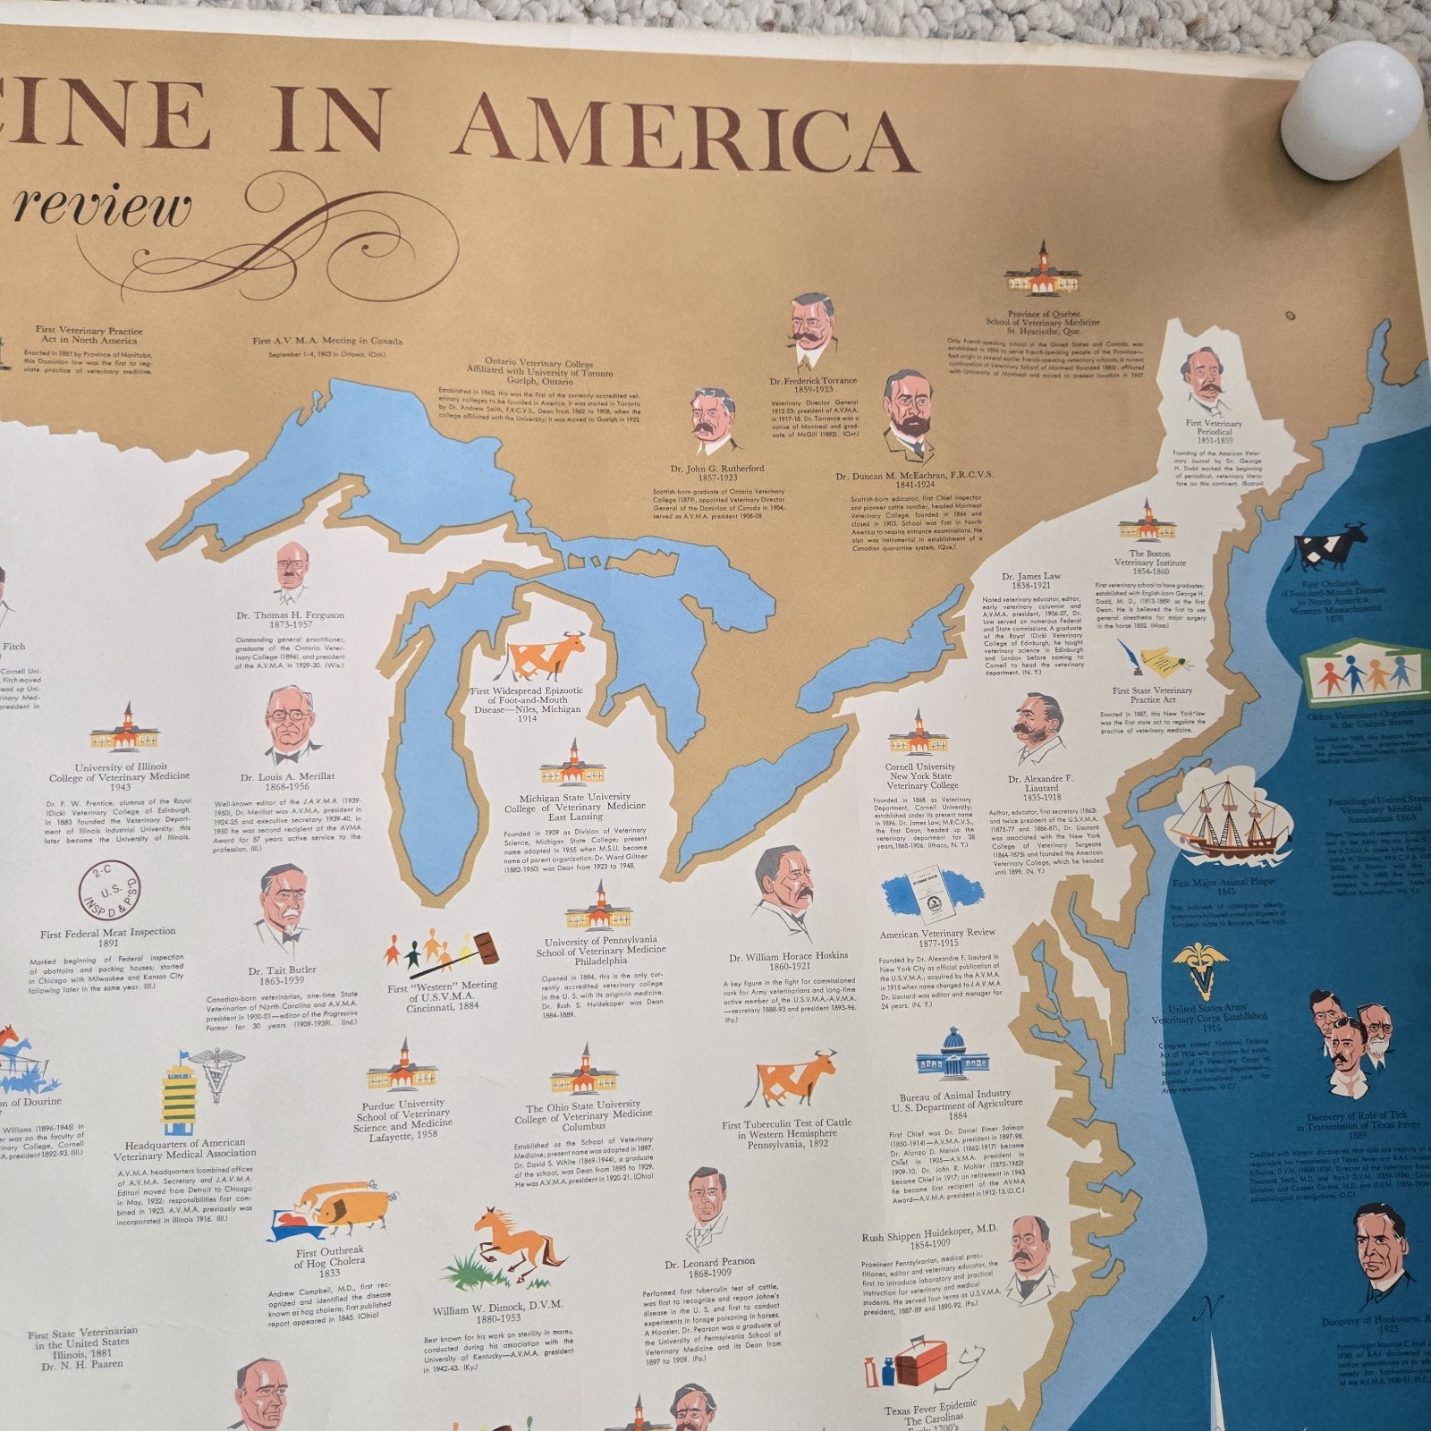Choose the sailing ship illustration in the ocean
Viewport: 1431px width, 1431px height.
pos(1230,822)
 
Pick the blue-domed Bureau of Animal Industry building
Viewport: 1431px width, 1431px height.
pos(954,1054)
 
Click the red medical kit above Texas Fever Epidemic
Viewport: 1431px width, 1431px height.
pos(911,1365)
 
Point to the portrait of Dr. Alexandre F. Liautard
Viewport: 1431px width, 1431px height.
pos(1039,730)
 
